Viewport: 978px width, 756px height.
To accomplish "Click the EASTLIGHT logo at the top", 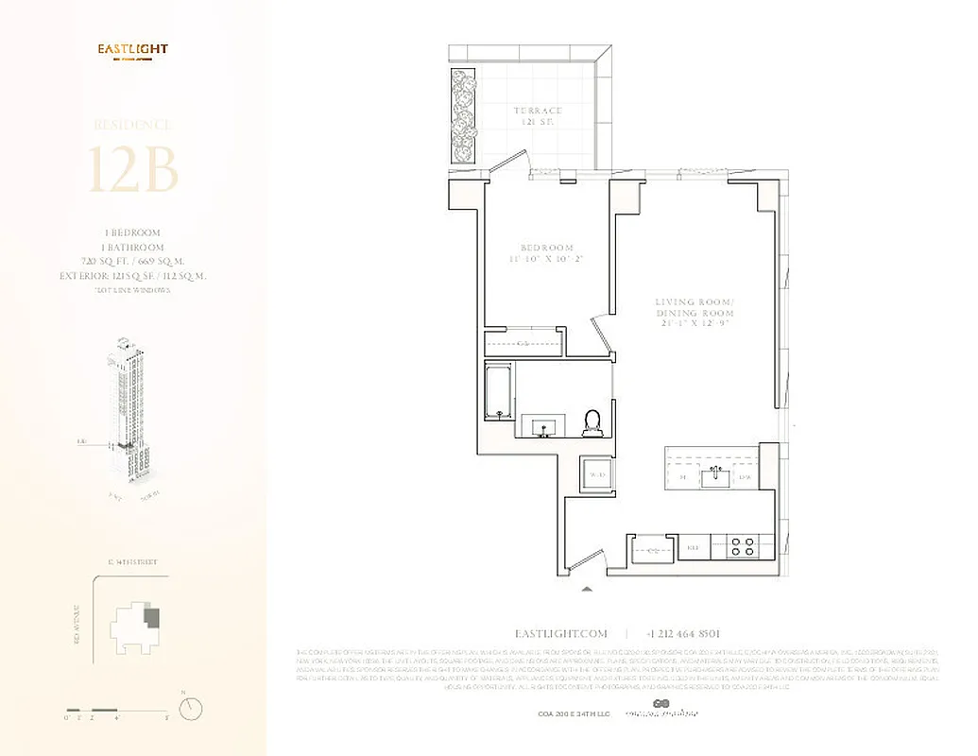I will pyautogui.click(x=133, y=49).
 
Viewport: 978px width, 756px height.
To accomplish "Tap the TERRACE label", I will pyautogui.click(x=538, y=116).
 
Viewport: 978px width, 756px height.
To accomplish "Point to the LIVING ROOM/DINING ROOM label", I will pyautogui.click(x=694, y=312).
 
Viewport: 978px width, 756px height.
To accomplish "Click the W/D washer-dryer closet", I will pyautogui.click(x=596, y=473).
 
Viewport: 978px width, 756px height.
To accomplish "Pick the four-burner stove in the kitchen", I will pyautogui.click(x=742, y=545).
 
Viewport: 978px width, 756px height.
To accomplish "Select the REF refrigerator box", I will pyautogui.click(x=693, y=545).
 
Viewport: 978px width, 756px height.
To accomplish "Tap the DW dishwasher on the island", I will pyautogui.click(x=745, y=479).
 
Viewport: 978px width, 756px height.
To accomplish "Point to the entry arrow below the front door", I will pyautogui.click(x=587, y=588).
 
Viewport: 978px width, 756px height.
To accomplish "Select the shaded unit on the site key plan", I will pyautogui.click(x=151, y=619).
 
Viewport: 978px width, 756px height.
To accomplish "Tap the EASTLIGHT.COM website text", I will pyautogui.click(x=561, y=634).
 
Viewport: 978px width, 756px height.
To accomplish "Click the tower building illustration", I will pyautogui.click(x=128, y=406).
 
